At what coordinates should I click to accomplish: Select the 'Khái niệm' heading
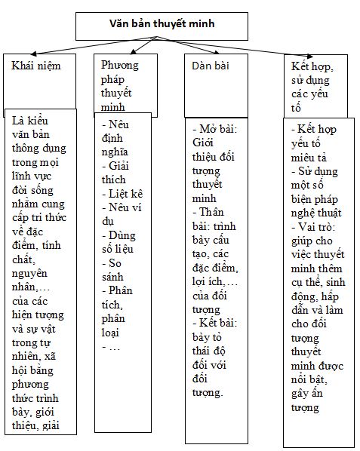point(37,66)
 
